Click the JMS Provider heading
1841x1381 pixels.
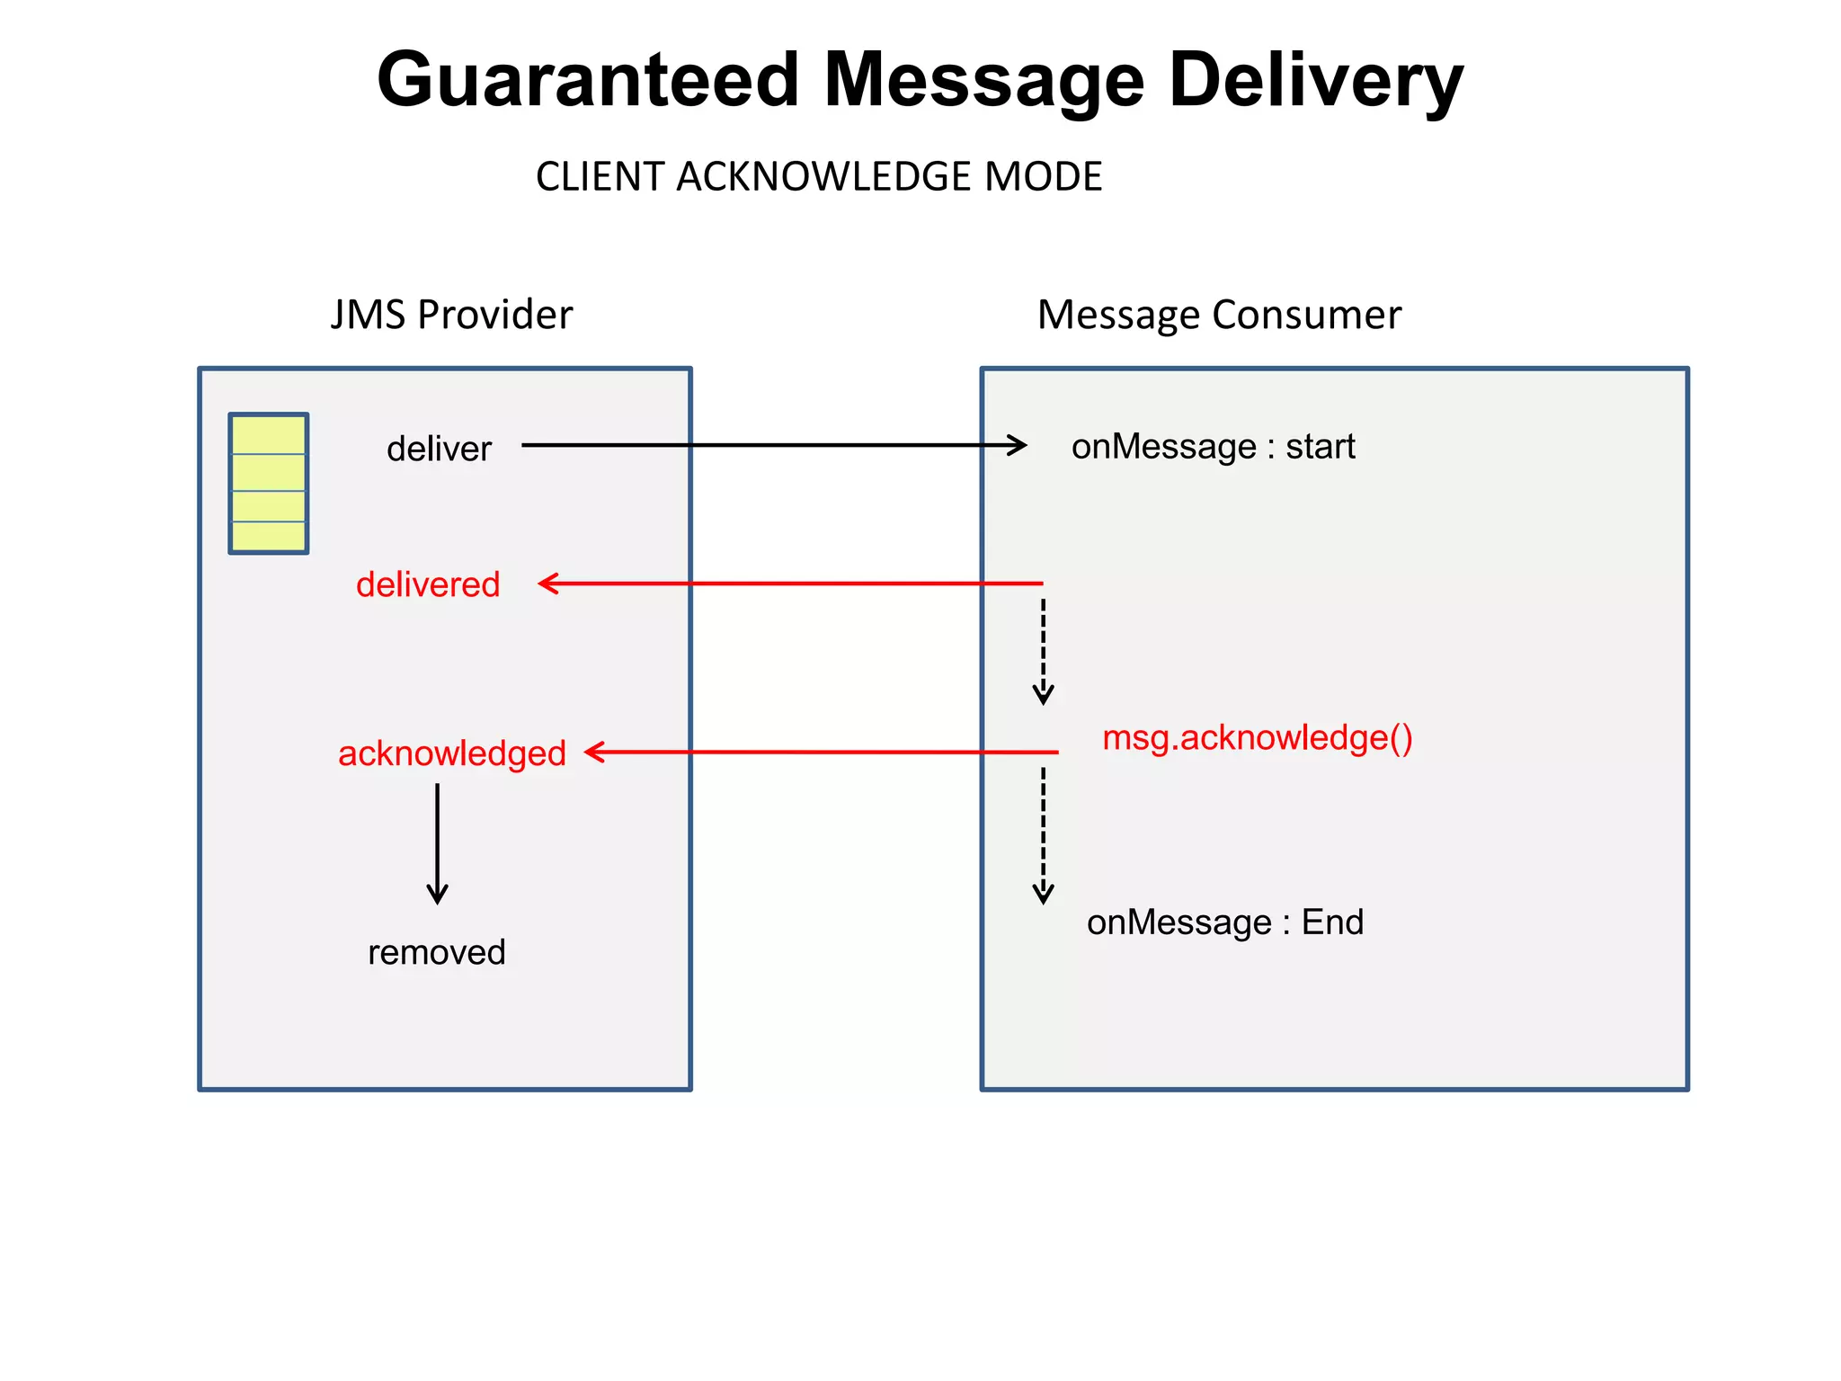pyautogui.click(x=451, y=315)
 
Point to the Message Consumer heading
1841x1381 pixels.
pyautogui.click(x=1219, y=315)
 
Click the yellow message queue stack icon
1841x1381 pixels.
pyautogui.click(x=269, y=484)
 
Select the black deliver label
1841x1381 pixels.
pyautogui.click(x=439, y=449)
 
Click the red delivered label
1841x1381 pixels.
pyautogui.click(x=428, y=584)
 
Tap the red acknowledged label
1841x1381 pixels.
pyautogui.click(x=451, y=753)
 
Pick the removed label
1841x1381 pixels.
pyautogui.click(x=437, y=952)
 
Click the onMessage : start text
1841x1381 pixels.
pyautogui.click(x=1213, y=447)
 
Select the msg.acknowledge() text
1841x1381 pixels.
pyautogui.click(x=1257, y=738)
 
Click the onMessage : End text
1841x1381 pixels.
pyautogui.click(x=1224, y=922)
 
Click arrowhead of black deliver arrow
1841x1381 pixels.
pyautogui.click(x=1018, y=445)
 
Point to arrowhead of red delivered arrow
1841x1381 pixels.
pyautogui.click(x=547, y=584)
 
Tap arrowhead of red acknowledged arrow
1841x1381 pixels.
pyautogui.click(x=594, y=752)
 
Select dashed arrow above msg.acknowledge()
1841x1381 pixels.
pyautogui.click(x=1043, y=652)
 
